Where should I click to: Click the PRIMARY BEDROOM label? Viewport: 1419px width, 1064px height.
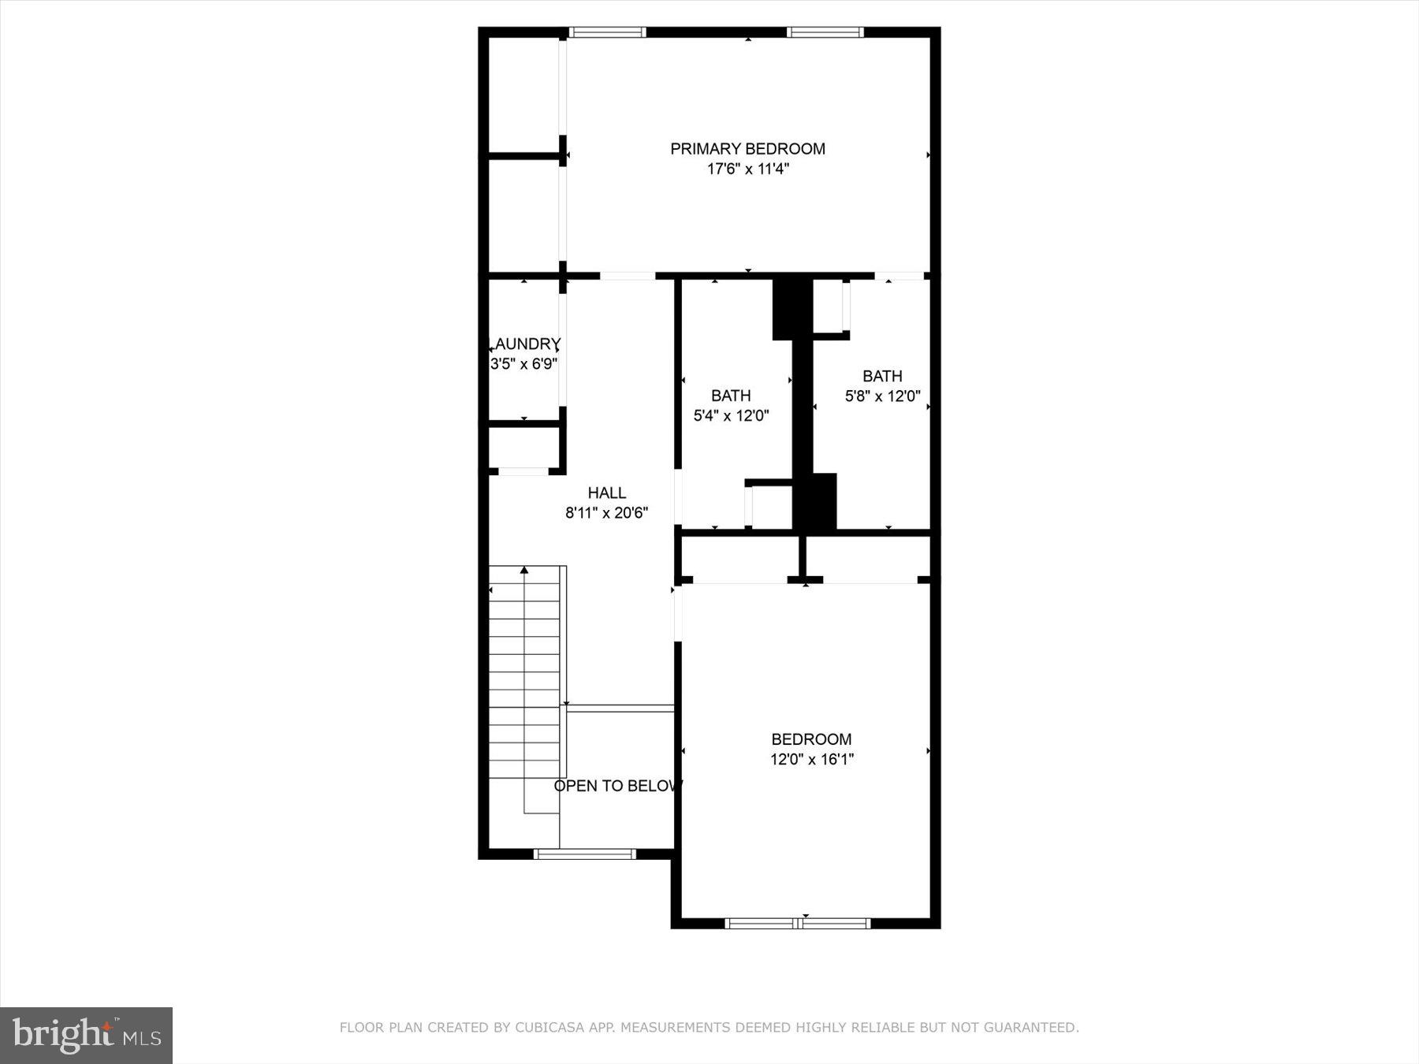747,149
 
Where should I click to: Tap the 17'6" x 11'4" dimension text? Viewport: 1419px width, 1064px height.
747,169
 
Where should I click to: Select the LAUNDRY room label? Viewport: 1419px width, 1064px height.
524,344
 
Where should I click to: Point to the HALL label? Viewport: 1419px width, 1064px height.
606,493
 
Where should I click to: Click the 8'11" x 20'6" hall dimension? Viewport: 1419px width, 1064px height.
606,513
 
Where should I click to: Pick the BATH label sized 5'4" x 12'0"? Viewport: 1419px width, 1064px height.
731,396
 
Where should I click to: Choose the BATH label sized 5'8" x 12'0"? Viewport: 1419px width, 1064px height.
881,376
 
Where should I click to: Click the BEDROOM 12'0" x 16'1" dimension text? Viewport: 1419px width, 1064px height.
811,760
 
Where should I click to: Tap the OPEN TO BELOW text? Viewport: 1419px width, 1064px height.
617,786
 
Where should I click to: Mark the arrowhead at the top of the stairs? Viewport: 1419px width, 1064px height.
524,570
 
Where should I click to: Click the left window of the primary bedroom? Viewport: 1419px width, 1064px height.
607,32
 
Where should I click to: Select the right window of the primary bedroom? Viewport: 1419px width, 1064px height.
825,32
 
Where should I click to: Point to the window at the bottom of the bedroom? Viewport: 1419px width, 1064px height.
797,923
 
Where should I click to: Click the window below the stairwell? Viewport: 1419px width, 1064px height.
584,854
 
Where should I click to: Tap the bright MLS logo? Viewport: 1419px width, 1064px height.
86,1035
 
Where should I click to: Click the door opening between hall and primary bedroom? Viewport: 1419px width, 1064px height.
627,276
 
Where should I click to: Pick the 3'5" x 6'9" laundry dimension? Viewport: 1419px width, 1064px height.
524,364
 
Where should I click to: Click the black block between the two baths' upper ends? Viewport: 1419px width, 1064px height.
791,307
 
